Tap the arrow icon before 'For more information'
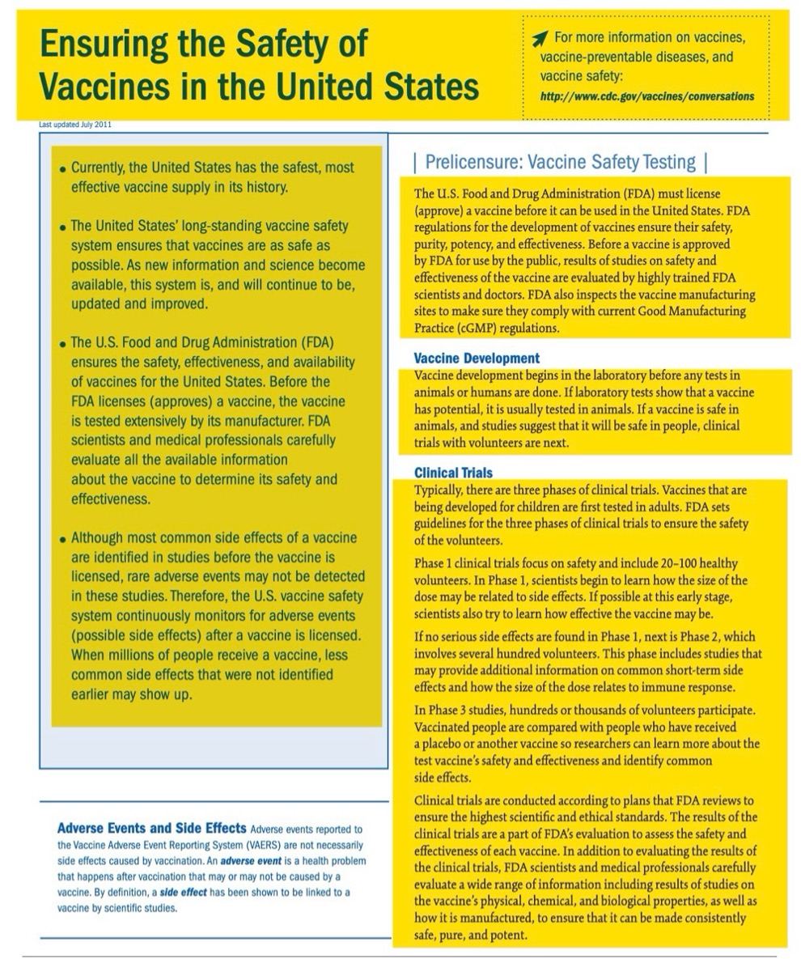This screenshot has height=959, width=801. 540,37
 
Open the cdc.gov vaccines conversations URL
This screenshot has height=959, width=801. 646,96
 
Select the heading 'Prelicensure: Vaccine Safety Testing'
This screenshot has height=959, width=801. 560,162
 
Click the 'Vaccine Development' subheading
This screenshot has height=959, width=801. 477,358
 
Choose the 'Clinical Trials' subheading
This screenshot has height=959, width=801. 453,473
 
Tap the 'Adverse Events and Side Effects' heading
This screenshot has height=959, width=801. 151,828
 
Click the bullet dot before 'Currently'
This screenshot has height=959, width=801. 62,170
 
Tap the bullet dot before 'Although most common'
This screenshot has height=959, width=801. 62,539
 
